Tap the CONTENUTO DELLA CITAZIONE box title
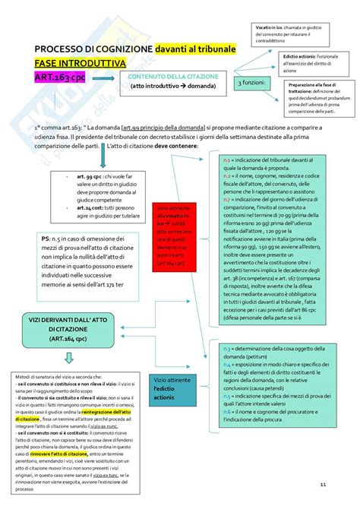click(x=173, y=77)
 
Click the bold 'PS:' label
click(x=49, y=261)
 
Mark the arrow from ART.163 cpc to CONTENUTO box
click(x=113, y=78)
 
